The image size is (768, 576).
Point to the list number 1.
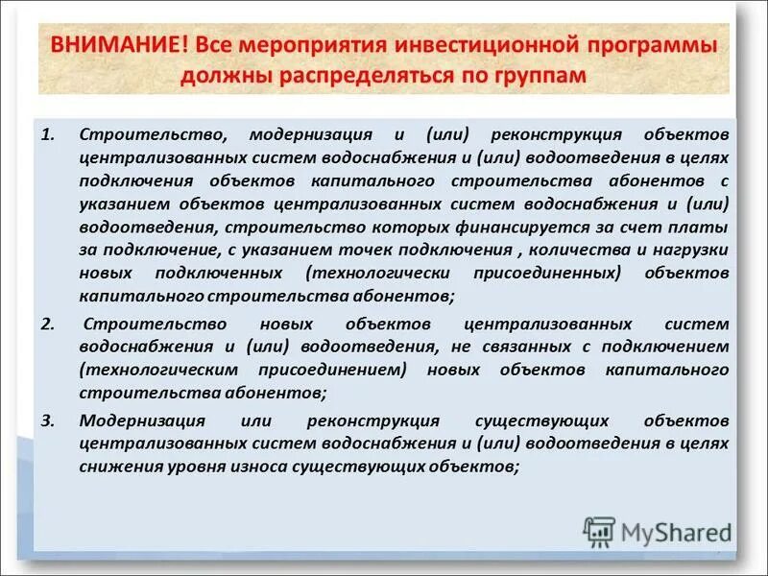[47, 133]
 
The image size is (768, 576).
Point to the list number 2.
[47, 323]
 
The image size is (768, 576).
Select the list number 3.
[47, 420]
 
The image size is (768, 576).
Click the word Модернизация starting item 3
[143, 420]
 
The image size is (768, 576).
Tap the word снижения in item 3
[113, 467]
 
